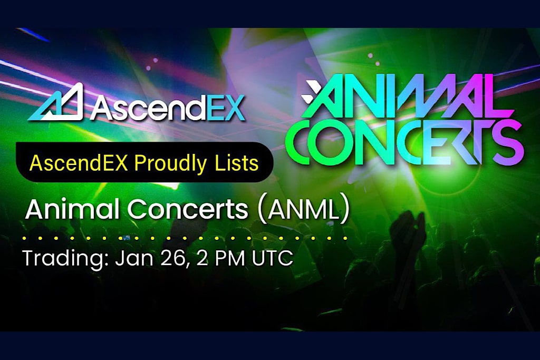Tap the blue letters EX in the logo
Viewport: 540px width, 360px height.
(x=225, y=108)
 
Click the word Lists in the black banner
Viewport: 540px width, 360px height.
(x=240, y=163)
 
